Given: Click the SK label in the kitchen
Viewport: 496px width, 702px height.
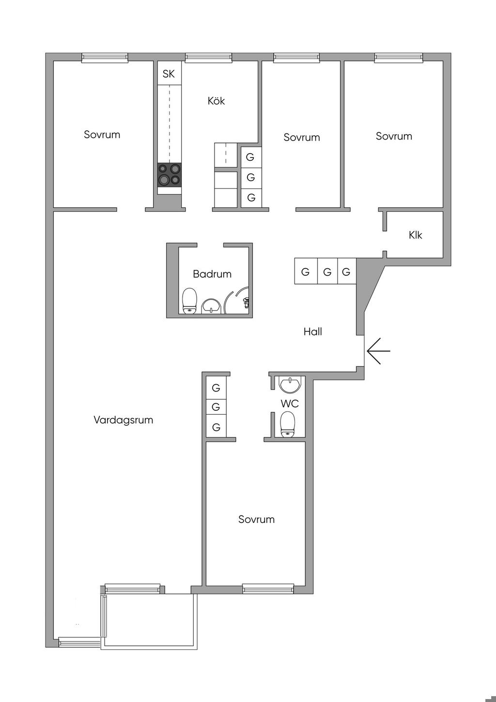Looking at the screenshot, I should (169, 74).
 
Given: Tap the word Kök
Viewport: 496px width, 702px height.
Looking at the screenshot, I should (216, 101).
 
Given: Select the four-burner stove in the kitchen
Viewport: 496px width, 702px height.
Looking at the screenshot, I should (169, 175).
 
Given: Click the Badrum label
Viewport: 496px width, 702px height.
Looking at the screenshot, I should (212, 274).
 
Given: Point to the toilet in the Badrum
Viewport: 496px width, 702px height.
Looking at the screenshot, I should (189, 301).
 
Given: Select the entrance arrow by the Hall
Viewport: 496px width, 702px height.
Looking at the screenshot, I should (378, 350).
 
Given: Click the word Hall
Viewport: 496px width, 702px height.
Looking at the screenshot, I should (312, 332).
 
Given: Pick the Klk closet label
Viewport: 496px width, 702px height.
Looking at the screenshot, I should (415, 235).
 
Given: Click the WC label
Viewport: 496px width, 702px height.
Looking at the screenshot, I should (290, 404).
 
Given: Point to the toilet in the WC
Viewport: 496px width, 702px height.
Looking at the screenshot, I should (288, 424).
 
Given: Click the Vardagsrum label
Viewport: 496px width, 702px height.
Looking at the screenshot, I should (123, 420).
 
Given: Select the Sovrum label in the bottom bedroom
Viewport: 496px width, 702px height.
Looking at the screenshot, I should (256, 519).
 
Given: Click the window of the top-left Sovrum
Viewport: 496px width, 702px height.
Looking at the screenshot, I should (105, 58).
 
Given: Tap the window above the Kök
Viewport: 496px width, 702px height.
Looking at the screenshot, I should (208, 58).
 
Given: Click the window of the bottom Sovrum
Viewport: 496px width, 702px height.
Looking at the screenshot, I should (268, 589).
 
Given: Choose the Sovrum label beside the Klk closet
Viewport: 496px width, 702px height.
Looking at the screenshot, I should (394, 136).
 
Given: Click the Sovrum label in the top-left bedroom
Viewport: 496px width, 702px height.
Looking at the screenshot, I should (102, 135).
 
